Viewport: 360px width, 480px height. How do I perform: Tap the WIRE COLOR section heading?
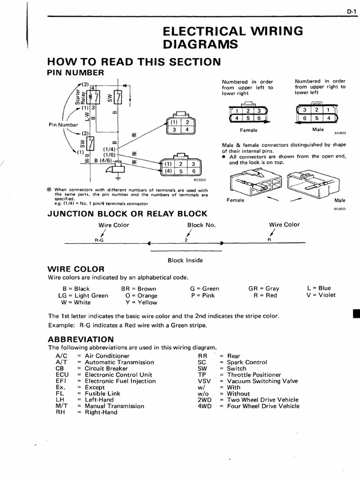point(76,269)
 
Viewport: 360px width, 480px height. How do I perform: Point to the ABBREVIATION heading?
point(81,339)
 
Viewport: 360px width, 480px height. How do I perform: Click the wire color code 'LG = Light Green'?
point(83,296)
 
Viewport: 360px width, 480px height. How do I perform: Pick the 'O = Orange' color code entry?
point(142,296)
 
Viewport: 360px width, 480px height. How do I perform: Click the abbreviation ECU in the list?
point(62,375)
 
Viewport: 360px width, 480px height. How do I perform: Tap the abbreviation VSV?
point(205,381)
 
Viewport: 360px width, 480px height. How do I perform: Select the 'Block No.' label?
point(201,225)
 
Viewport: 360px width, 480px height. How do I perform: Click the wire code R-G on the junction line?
point(98,239)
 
